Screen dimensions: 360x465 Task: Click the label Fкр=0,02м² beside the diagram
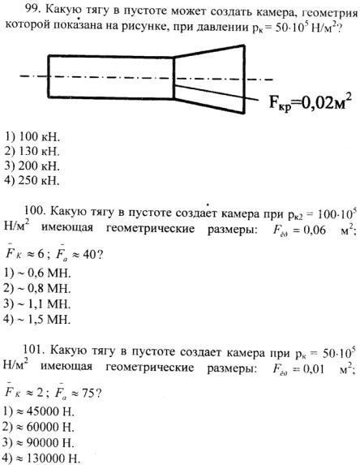(x=311, y=102)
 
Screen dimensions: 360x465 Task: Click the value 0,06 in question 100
(x=315, y=230)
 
